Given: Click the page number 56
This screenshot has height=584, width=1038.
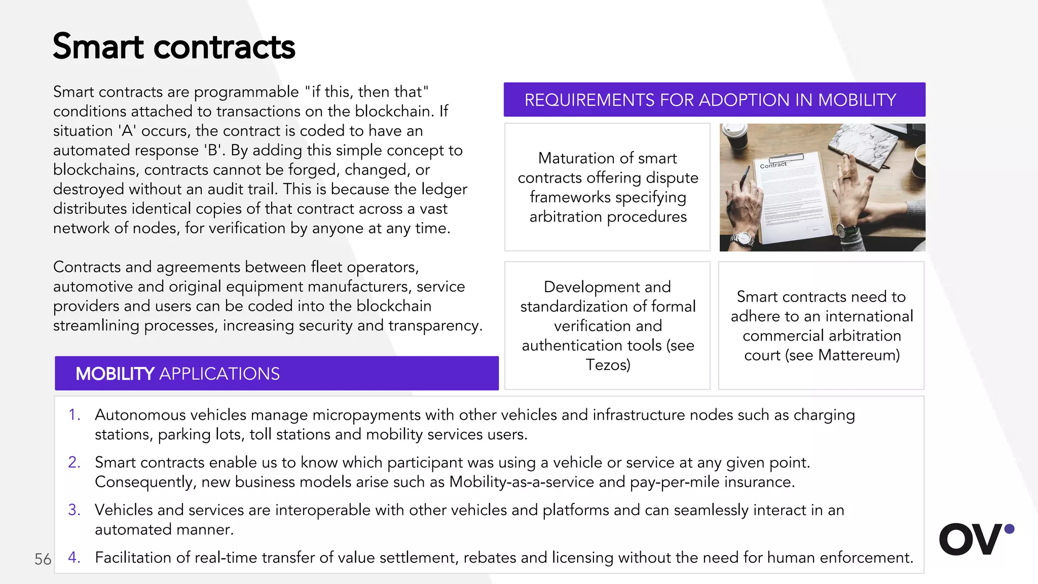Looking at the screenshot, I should pos(43,559).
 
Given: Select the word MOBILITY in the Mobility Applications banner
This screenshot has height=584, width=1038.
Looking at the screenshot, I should pos(115,374).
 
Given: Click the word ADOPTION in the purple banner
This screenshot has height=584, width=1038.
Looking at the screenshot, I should pos(742,100).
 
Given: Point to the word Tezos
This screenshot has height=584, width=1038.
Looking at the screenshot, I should pos(607,365).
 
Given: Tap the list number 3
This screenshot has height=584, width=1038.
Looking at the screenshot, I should pos(75,510).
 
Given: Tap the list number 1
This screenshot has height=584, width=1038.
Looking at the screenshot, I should pos(75,415).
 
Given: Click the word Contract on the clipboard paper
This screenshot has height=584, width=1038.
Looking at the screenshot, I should pos(773,165).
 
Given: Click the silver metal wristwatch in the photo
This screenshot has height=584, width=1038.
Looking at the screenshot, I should pos(744,239).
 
